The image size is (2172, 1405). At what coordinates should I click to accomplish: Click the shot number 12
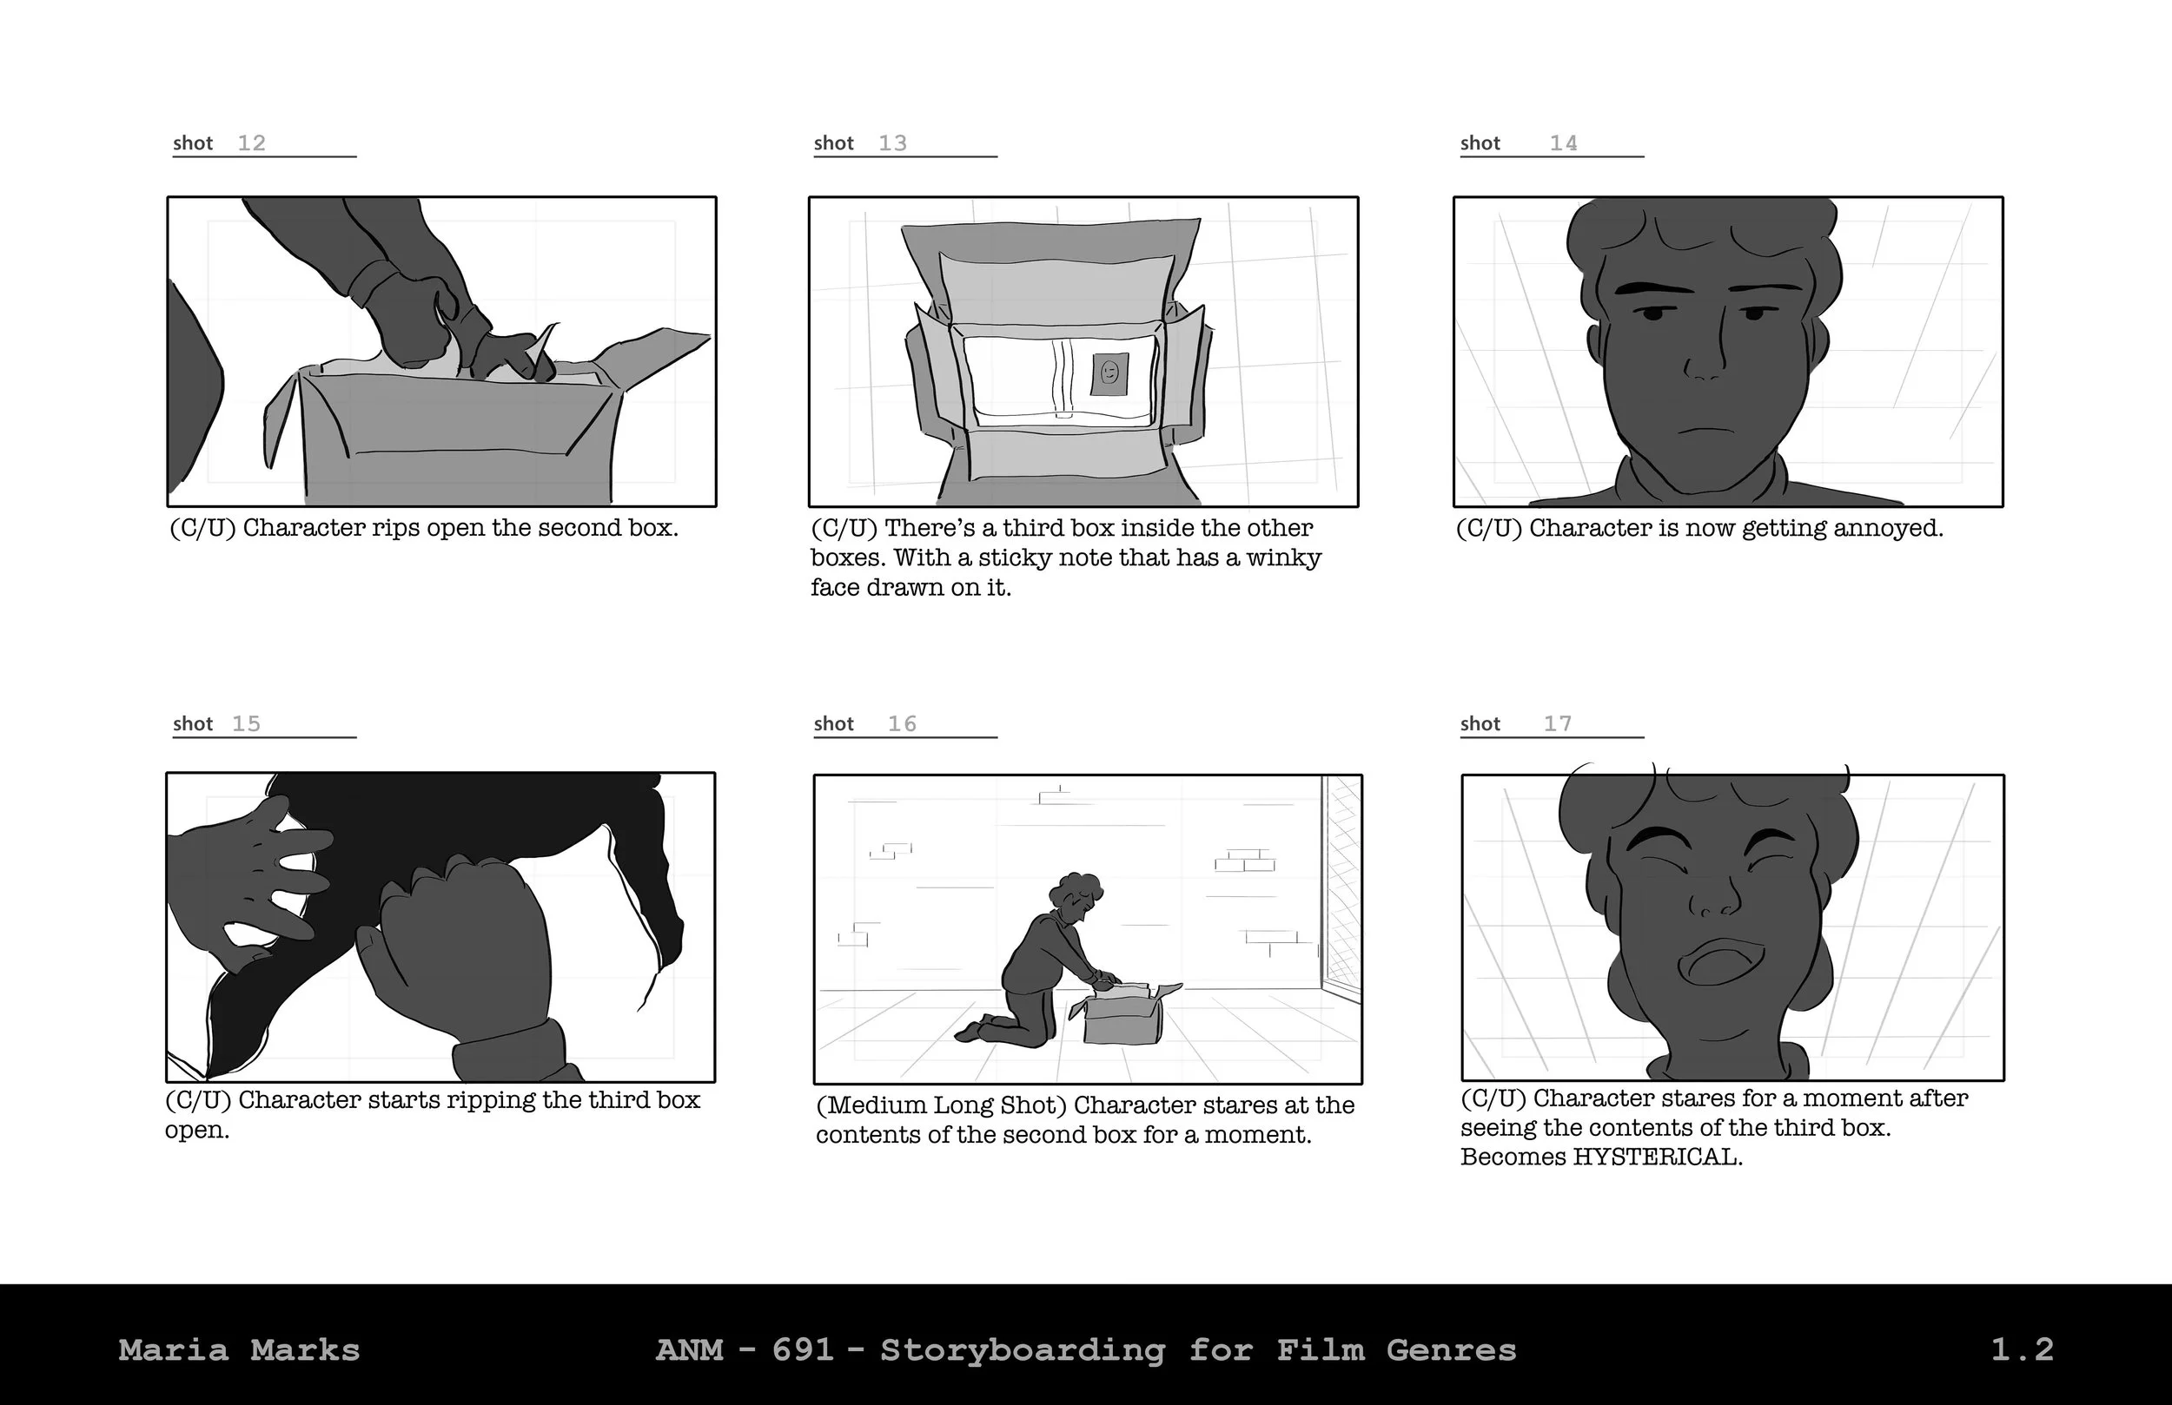251,143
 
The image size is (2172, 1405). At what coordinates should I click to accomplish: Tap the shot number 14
1562,143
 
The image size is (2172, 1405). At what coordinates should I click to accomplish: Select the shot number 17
1557,723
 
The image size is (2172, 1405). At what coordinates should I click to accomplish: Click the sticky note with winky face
1109,373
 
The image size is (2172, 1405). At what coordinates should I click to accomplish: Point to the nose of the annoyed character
1704,366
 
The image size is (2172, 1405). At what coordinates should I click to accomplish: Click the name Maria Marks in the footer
239,1349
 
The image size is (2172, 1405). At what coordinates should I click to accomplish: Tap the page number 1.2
2022,1349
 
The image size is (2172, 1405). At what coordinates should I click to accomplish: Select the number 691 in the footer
803,1349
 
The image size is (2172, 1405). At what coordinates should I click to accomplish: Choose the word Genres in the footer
1451,1349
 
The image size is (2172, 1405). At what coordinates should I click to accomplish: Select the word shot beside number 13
833,143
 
